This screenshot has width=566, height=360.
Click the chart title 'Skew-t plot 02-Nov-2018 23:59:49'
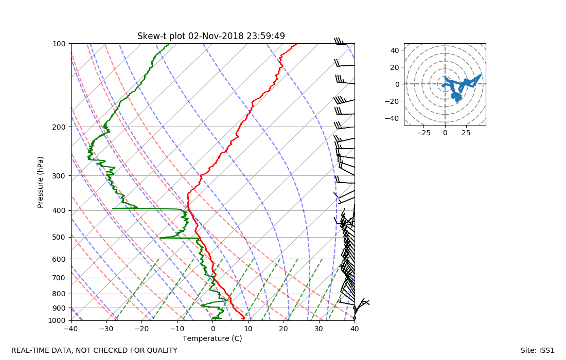(211, 36)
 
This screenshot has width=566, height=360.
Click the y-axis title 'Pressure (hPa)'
(41, 182)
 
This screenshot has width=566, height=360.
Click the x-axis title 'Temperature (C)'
(212, 338)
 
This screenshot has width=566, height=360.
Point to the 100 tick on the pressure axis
(59, 44)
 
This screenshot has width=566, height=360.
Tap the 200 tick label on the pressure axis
(59, 127)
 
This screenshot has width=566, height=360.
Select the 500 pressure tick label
(59, 237)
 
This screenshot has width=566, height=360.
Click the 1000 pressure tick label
(57, 320)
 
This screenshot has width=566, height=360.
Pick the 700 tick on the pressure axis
(59, 278)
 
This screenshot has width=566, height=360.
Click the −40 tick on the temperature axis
(71, 329)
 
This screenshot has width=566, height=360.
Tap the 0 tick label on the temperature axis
(213, 329)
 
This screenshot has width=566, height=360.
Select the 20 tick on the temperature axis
(284, 329)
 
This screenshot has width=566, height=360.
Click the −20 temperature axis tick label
(142, 329)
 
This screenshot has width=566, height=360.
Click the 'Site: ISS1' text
(537, 350)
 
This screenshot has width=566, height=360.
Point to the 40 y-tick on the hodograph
(396, 50)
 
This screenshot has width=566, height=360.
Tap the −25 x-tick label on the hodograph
(423, 133)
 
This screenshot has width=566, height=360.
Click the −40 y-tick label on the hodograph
(394, 118)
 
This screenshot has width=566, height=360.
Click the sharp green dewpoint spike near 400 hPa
(114, 208)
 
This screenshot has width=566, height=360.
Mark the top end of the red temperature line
(296, 45)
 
